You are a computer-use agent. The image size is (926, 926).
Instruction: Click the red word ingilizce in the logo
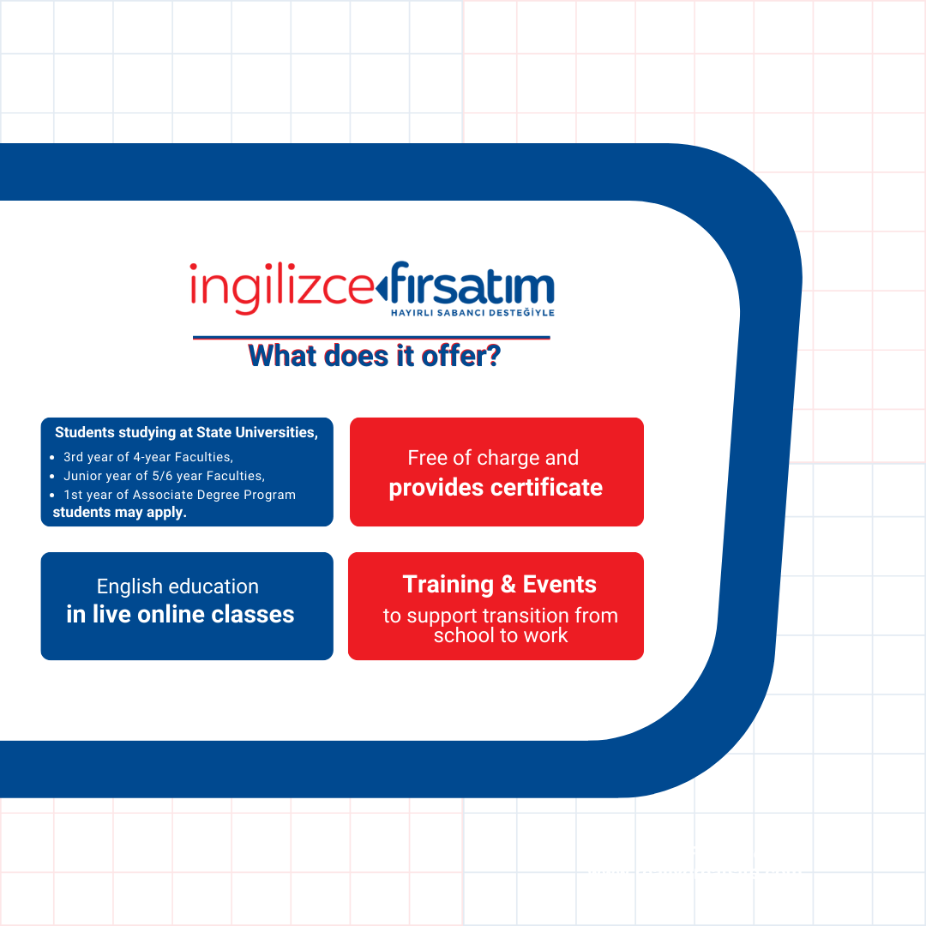[x=282, y=287]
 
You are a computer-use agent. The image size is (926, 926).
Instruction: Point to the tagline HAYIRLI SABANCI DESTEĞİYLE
[x=472, y=312]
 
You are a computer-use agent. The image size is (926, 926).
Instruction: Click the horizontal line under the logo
[x=371, y=338]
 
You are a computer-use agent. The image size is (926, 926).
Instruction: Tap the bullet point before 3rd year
[x=52, y=458]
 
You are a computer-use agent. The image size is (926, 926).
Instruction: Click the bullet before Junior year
[x=52, y=477]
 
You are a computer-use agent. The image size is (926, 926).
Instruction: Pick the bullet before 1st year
[x=52, y=496]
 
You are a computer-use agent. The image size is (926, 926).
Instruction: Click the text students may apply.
[x=119, y=513]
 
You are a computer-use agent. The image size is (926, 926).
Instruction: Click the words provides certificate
[x=496, y=488]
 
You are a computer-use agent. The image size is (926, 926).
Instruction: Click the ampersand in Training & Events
[x=508, y=585]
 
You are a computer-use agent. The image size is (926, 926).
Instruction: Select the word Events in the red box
[x=559, y=585]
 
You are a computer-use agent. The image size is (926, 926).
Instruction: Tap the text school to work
[x=501, y=635]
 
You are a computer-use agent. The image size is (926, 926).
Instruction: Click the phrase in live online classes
[x=180, y=614]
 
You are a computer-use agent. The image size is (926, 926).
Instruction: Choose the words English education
[x=177, y=586]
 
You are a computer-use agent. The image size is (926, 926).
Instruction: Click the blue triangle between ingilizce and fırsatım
[x=382, y=289]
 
